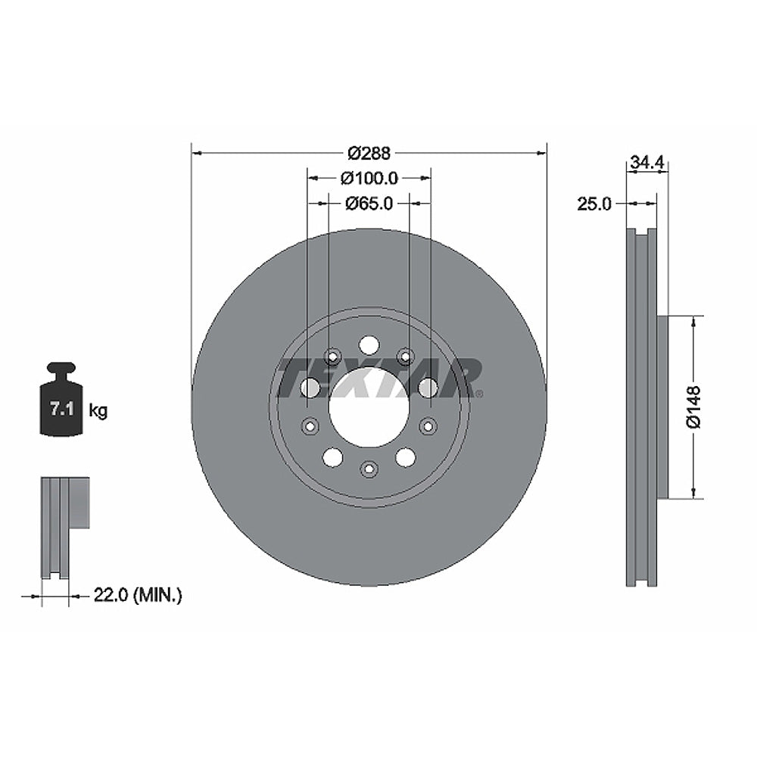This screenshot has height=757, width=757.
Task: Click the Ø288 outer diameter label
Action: pos(369,153)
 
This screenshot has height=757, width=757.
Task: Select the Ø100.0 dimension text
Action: pos(369,178)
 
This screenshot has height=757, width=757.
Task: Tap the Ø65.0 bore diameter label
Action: pos(369,203)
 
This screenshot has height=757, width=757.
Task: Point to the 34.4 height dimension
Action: pos(647,162)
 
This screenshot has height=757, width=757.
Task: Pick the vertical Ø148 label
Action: pos(695,407)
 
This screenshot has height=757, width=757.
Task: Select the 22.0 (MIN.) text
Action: pos(137,596)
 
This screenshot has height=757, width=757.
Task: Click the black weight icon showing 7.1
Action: pos(61,400)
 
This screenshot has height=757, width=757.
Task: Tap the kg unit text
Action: pos(98,411)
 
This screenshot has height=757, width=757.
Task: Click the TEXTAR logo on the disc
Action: pos(378,378)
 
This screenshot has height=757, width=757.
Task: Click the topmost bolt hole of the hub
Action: pos(369,345)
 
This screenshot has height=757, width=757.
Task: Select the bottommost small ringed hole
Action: pos(369,469)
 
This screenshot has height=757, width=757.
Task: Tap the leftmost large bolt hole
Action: pos(310,388)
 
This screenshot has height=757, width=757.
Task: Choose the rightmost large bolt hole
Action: pos(428,388)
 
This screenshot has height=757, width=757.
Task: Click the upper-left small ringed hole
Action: pos(332,356)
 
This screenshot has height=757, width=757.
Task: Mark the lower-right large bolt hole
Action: pos(406,456)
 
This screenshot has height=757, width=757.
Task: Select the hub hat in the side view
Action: pos(662,407)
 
